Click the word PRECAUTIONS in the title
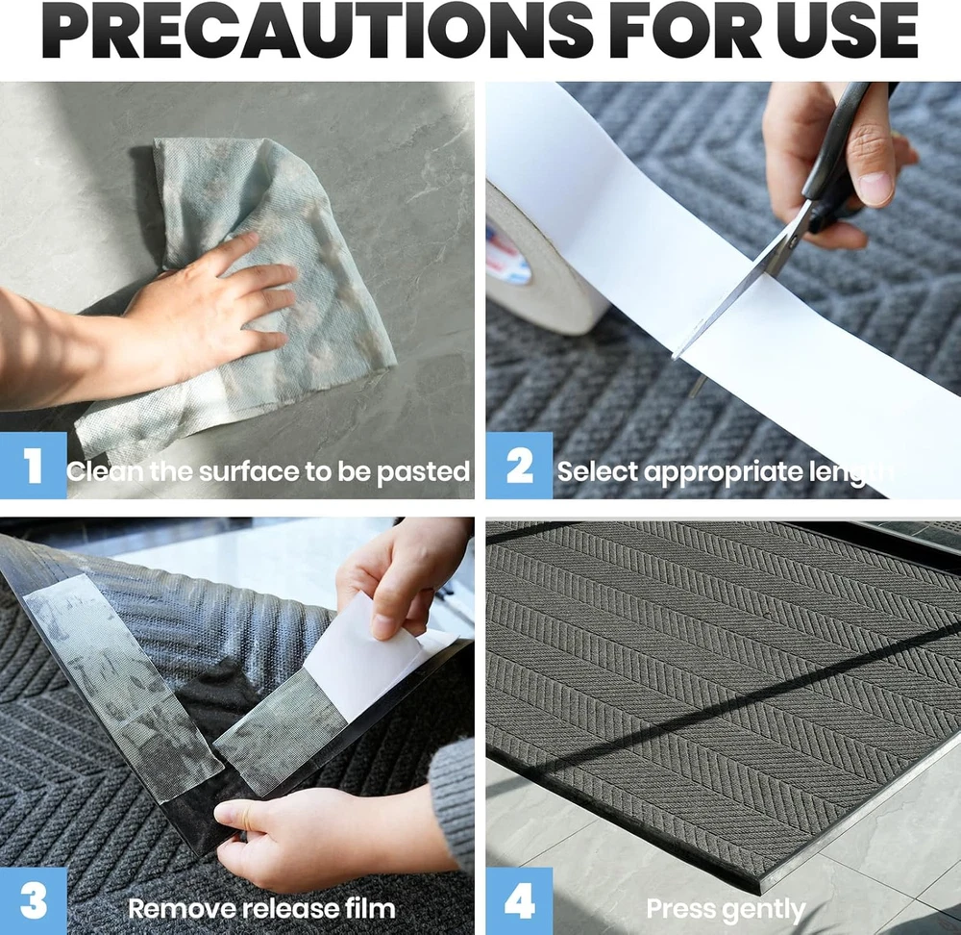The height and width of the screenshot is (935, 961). (x=317, y=31)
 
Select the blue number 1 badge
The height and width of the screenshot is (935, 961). (x=33, y=466)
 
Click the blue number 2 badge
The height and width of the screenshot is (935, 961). (x=519, y=466)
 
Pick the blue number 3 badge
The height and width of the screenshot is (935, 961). (x=33, y=900)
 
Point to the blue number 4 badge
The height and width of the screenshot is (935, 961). (x=519, y=900)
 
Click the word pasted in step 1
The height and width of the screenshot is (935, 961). (x=423, y=472)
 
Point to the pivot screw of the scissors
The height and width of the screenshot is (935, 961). (x=794, y=243)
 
